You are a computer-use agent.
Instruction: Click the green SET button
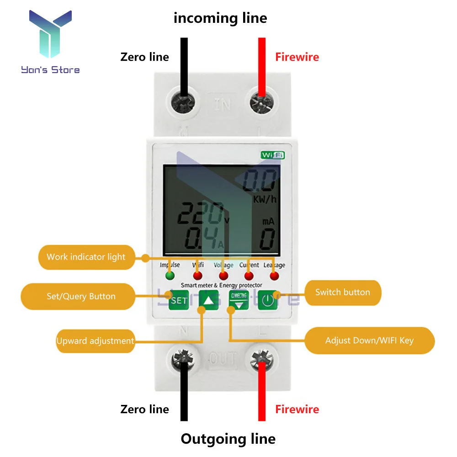(179, 300)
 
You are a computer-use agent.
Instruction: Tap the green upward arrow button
(208, 300)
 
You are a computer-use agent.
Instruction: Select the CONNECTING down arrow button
(239, 300)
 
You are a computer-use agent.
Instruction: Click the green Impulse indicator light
(170, 276)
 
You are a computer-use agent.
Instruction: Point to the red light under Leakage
(274, 276)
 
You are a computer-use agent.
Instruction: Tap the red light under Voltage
(223, 276)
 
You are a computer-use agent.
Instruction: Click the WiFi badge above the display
(273, 155)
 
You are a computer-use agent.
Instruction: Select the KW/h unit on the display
(265, 199)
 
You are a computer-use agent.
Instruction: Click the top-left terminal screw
(184, 101)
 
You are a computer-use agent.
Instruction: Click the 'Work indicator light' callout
(85, 257)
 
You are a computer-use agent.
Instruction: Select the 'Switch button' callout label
(342, 292)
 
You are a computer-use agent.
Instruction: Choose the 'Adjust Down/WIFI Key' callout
(369, 340)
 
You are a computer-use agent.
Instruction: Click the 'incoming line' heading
(220, 18)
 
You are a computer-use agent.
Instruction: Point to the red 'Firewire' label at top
(297, 57)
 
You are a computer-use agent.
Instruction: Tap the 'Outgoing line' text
(228, 439)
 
